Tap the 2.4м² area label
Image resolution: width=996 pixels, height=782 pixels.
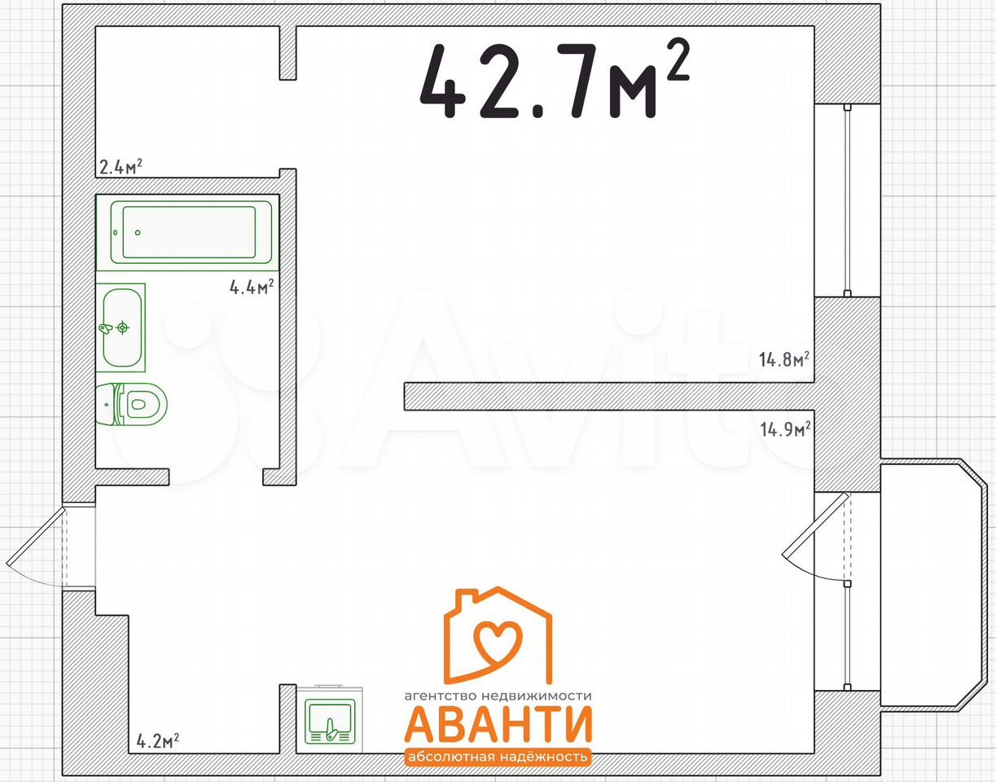click(121, 167)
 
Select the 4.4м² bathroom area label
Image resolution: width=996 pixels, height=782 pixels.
click(252, 287)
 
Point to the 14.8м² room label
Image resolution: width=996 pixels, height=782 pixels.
click(783, 360)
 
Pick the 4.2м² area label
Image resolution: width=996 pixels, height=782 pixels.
click(158, 740)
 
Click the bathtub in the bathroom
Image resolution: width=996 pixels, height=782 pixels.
click(191, 232)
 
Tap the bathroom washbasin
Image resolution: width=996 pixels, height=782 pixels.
click(121, 327)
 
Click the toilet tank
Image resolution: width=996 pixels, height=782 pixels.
click(107, 404)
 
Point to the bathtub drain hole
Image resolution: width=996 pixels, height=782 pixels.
click(138, 232)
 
